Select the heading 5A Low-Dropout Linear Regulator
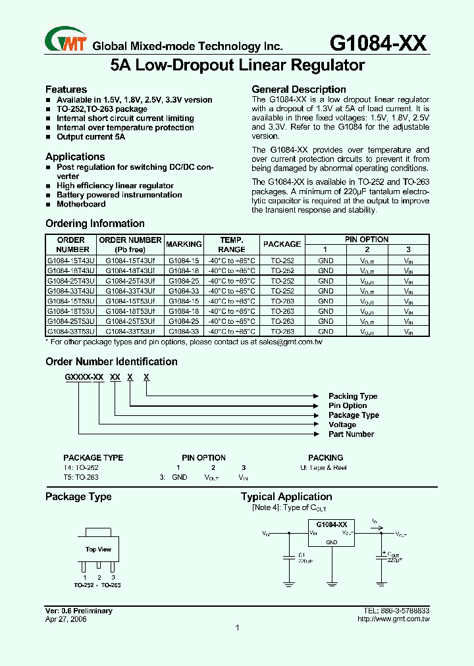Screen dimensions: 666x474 pos(237,66)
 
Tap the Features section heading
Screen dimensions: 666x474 pos(66,90)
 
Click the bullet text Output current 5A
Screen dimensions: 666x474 pos(90,137)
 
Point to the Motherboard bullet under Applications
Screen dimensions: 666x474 pos(80,204)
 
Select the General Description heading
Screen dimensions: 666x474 pos(299,90)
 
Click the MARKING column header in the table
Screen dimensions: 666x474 pos(184,244)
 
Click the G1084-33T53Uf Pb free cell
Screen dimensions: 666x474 pos(130,332)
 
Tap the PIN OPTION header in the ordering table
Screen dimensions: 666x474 pos(367,240)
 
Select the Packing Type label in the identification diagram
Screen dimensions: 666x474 pos(353,396)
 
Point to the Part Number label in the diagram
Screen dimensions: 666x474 pos(351,434)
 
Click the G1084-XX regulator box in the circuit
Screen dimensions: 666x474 pos(332,532)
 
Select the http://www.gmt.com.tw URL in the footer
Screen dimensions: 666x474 pos(393,619)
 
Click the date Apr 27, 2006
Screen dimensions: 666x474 pos(66,619)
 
